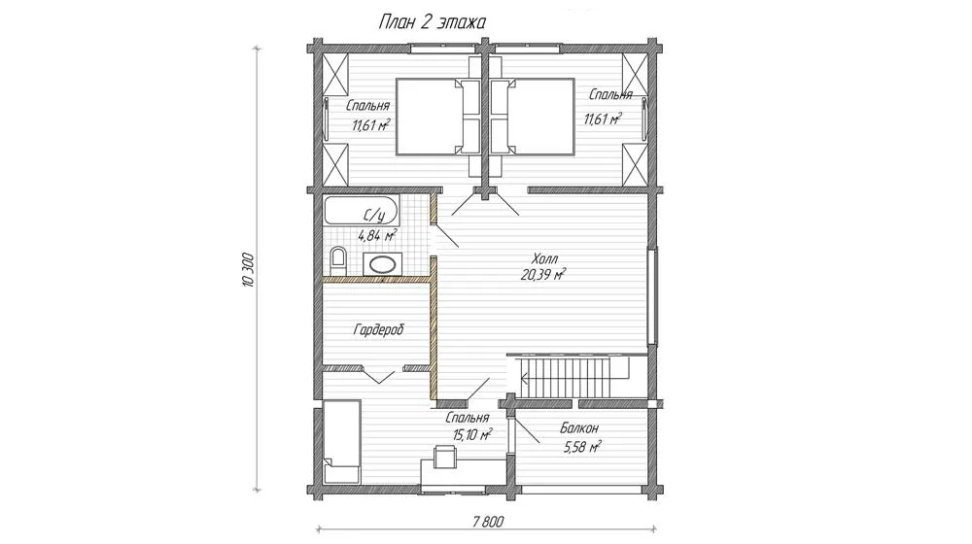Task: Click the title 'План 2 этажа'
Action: coord(433,22)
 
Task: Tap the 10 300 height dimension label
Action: coord(249,269)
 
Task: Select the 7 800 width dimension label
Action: coord(487,522)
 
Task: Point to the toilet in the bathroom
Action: coord(338,261)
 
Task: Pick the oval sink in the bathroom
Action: coord(382,264)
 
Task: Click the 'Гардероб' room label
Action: coord(378,329)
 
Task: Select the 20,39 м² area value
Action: coord(543,275)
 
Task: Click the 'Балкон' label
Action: coord(579,428)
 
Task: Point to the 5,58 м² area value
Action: coord(581,447)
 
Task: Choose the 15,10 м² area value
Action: coord(472,434)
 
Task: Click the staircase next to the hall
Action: coord(575,376)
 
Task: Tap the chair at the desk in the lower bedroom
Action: coord(444,456)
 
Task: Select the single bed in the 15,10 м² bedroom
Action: coord(341,440)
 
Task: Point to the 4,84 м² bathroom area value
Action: coord(377,236)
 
